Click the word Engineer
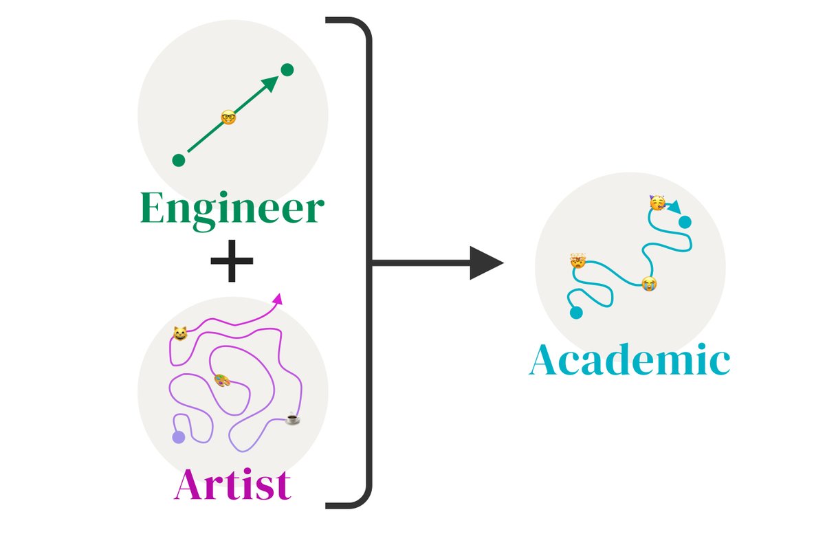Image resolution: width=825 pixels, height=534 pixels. point(231,210)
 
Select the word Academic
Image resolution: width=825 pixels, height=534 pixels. point(629,361)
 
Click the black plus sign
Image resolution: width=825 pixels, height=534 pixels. point(232,261)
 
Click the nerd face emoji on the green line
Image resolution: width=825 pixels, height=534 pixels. point(229,117)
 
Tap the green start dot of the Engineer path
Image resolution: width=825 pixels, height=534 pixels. point(179,160)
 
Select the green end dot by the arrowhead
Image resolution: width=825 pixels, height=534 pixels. point(287,69)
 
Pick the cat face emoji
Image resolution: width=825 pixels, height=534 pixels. point(180,334)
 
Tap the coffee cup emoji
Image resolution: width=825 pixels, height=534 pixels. point(293,417)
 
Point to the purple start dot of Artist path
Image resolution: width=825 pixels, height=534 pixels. point(179,437)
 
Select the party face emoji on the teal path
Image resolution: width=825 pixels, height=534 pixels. point(657,203)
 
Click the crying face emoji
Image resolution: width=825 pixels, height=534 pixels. point(648,283)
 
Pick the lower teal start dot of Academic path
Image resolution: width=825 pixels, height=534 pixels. point(576,313)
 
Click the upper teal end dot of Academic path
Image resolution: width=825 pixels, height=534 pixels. point(685,221)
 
